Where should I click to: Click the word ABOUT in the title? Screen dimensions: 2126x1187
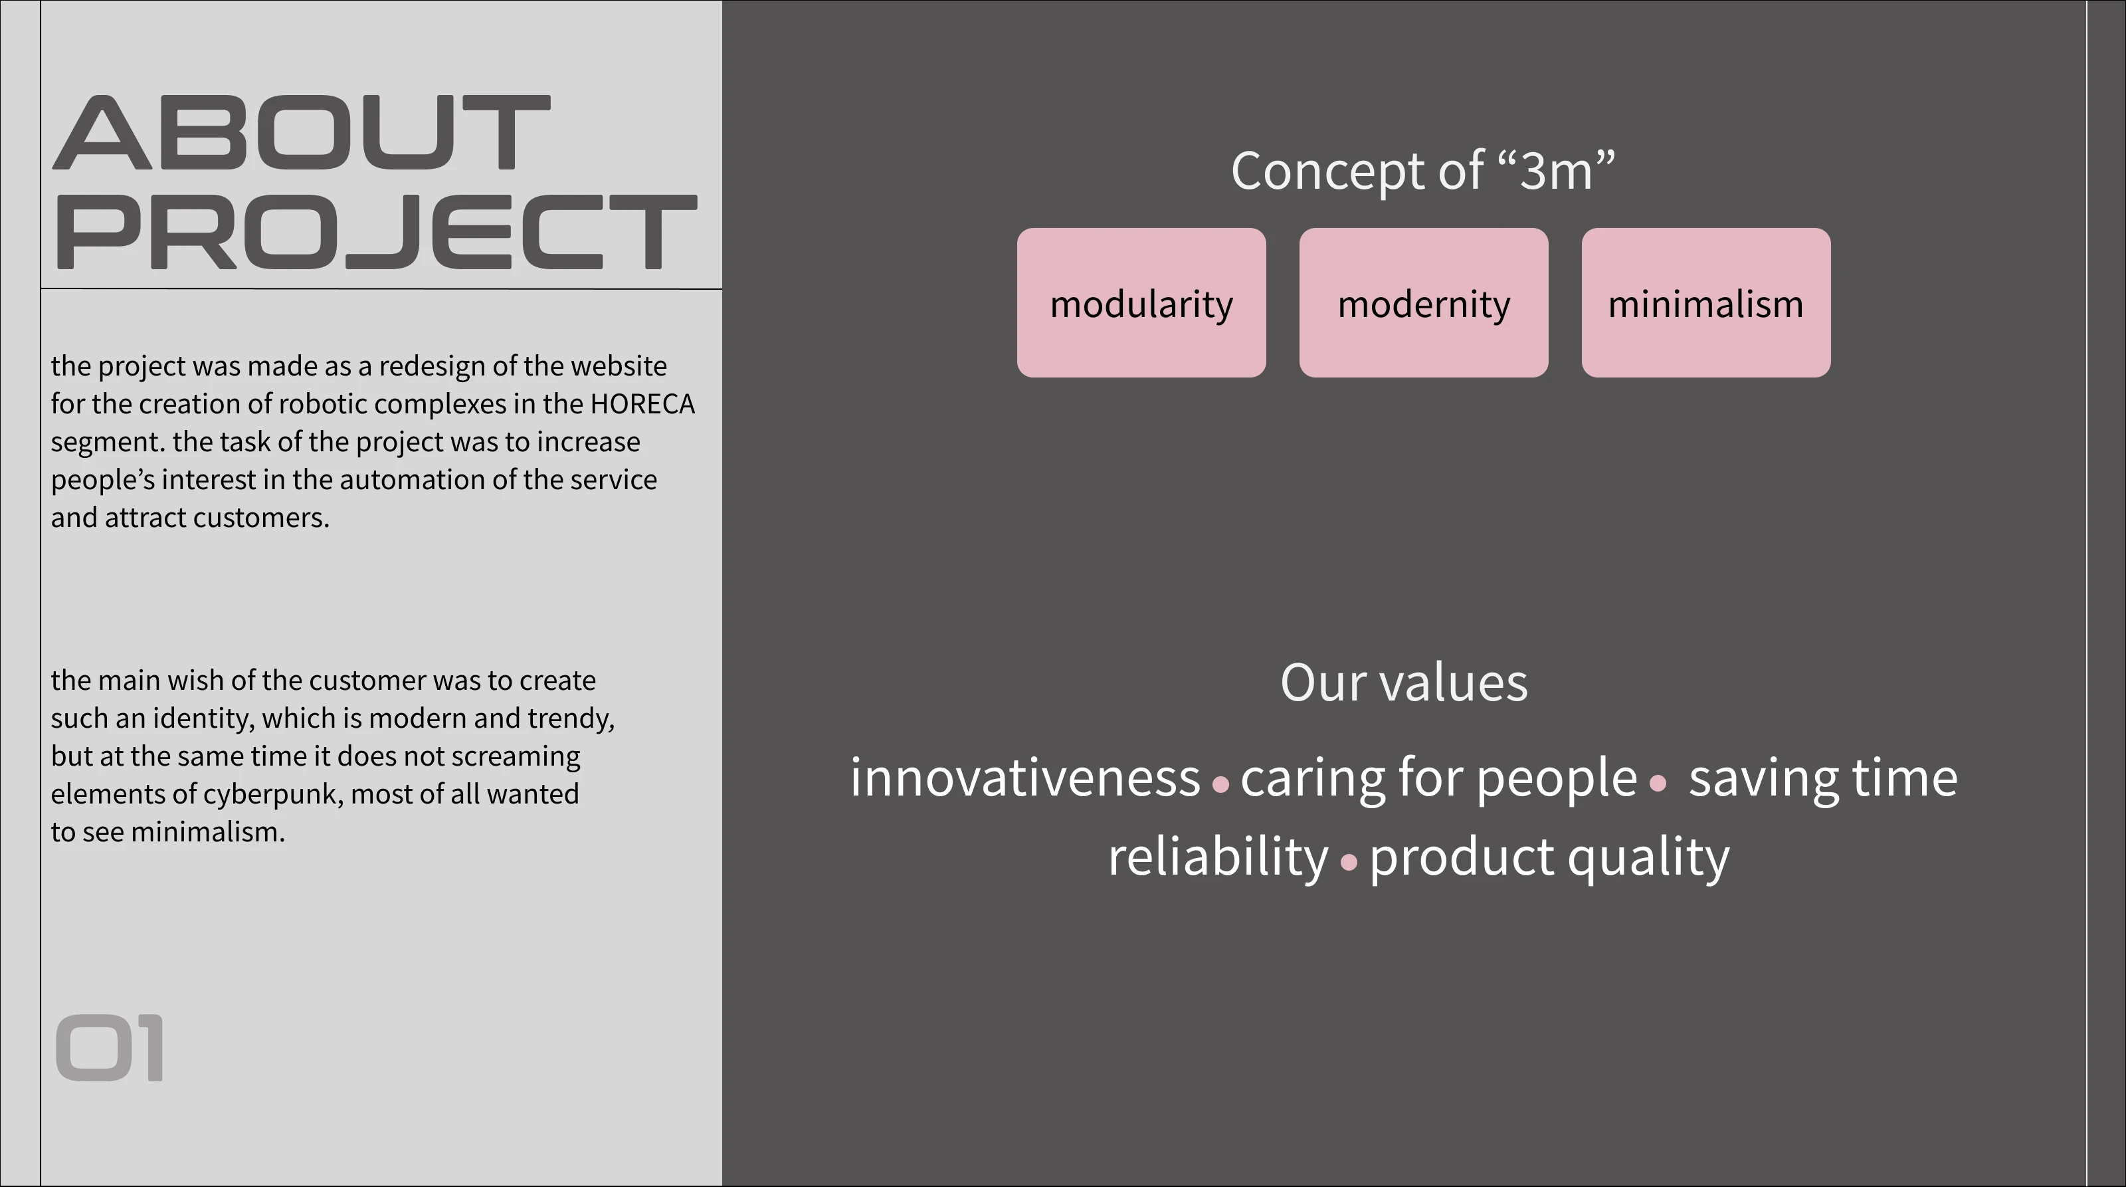pyautogui.click(x=301, y=132)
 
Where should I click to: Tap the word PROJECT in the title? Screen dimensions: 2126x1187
pyautogui.click(x=375, y=232)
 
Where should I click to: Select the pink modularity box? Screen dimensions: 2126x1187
pyautogui.click(x=1141, y=303)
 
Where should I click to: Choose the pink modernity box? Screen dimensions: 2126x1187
pyautogui.click(x=1424, y=303)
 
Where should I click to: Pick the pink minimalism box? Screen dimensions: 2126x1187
pyautogui.click(x=1706, y=303)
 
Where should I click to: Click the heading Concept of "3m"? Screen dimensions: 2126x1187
pyautogui.click(x=1423, y=171)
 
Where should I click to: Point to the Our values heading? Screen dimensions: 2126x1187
pyautogui.click(x=1404, y=683)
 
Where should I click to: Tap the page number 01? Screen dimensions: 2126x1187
pyautogui.click(x=109, y=1048)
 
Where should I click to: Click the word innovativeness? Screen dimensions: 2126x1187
pyautogui.click(x=1025, y=778)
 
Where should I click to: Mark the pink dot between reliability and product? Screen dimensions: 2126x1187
pyautogui.click(x=1349, y=863)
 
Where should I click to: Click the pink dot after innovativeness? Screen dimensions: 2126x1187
pyautogui.click(x=1220, y=784)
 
